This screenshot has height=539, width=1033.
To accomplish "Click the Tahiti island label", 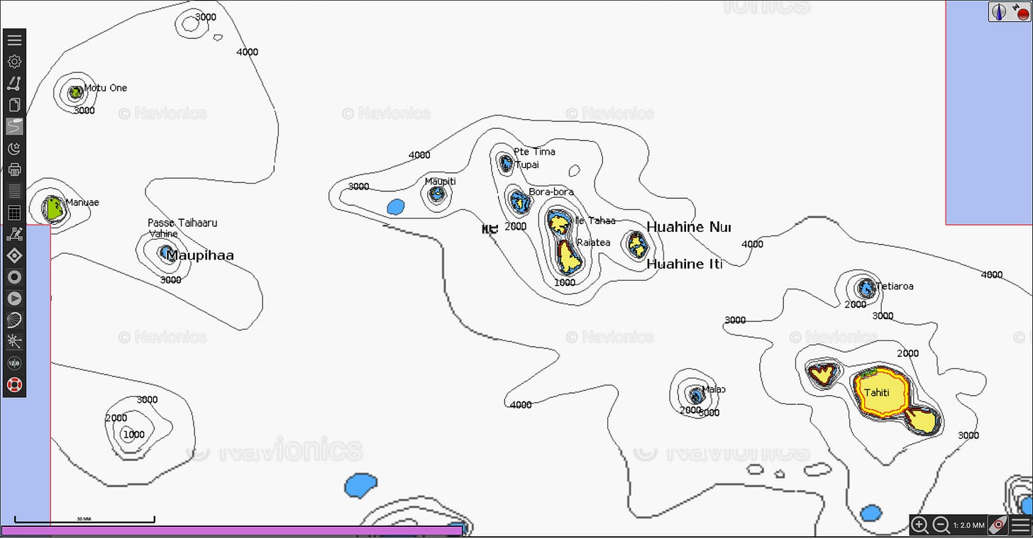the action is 877,394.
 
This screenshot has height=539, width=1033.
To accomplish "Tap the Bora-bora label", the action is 551,192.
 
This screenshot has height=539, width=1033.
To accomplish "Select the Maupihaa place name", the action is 200,255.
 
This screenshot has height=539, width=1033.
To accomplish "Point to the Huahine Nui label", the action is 688,227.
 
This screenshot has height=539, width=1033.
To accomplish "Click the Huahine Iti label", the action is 685,264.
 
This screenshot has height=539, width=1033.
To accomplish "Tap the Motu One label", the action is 106,88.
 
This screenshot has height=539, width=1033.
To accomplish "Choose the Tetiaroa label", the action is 895,287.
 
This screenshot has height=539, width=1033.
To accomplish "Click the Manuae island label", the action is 82,202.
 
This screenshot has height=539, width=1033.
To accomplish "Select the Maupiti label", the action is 440,182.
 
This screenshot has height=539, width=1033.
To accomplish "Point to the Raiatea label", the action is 593,243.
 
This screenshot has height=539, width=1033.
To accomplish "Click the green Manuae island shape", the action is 53,209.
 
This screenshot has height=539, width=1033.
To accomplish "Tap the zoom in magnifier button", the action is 919,525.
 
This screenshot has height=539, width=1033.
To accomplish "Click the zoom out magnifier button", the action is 941,525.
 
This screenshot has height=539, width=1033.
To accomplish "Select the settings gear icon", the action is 14,62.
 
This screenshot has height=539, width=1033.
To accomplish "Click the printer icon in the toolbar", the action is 14,170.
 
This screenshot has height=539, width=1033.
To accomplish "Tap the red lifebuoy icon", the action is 14,385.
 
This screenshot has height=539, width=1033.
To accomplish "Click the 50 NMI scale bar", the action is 84,521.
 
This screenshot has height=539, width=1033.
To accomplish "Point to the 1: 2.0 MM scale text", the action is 968,526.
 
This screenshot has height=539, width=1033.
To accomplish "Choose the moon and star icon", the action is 14,148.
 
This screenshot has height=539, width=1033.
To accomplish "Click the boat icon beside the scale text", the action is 998,525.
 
